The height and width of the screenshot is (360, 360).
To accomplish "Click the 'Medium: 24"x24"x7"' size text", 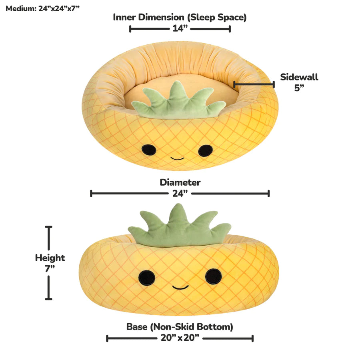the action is [x=42, y=8].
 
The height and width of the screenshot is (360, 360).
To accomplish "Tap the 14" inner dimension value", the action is [x=180, y=28].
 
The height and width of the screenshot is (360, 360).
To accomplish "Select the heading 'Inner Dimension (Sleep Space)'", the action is [x=180, y=18].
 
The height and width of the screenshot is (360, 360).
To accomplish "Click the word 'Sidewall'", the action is [x=299, y=77].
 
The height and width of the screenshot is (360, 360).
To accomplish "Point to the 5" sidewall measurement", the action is [x=299, y=88].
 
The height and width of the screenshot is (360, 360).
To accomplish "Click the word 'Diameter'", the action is [x=180, y=182].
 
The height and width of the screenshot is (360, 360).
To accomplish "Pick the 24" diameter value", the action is [x=180, y=193].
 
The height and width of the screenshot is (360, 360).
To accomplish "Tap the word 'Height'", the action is [x=50, y=258].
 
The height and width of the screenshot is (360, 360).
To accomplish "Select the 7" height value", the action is [x=50, y=268].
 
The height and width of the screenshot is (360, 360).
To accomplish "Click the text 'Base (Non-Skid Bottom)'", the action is [x=180, y=327].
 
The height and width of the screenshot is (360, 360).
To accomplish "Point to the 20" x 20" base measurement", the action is [x=180, y=338].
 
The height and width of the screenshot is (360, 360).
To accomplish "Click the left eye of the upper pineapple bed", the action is [x=149, y=150].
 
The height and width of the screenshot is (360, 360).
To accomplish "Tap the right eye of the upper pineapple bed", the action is [x=205, y=151].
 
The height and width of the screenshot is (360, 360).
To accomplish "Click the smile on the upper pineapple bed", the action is [x=177, y=158].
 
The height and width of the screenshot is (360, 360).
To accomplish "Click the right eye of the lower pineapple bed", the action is [x=213, y=276].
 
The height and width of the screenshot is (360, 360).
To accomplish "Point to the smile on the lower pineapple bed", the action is [x=180, y=287].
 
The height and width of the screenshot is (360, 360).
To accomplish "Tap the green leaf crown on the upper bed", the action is [x=178, y=101].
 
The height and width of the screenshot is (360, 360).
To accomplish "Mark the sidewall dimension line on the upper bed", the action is [x=254, y=84].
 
